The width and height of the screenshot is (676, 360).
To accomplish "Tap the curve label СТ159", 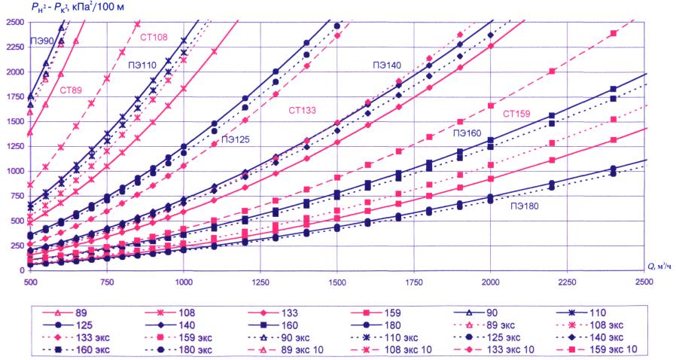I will (517, 114).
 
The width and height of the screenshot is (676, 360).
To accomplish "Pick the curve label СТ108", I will (154, 36).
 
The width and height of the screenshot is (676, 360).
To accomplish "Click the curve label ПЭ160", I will (467, 133).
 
